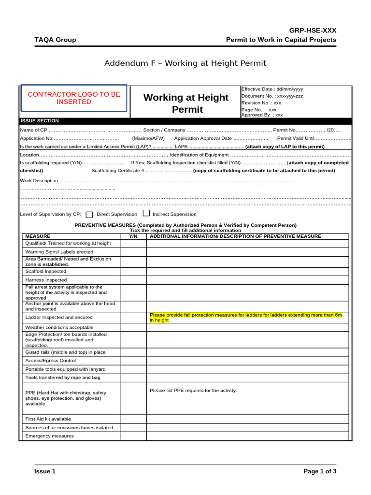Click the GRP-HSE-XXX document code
point(313,30)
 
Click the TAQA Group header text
point(55,40)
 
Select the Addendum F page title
point(185,63)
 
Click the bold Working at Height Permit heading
point(185,103)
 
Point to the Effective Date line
point(272,89)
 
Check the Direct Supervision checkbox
point(89,215)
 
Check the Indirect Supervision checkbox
point(146,214)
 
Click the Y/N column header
point(133,236)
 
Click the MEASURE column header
point(38,236)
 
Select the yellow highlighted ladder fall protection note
point(246,318)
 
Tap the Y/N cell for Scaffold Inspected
point(133,272)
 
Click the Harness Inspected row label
point(46,280)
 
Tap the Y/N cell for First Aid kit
point(133,419)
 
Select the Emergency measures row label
point(49,436)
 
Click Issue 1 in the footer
point(45,471)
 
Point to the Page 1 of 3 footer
point(319,471)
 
